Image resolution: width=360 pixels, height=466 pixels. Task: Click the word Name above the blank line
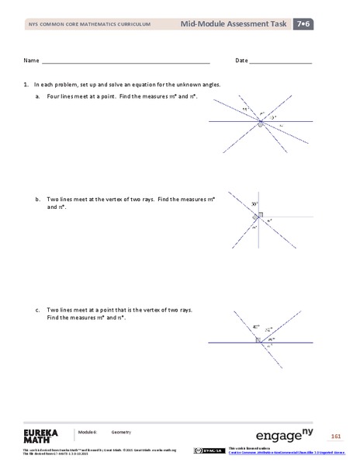[31, 61]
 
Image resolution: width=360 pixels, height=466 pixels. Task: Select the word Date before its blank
[241, 61]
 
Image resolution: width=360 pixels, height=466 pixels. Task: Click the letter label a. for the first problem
[38, 96]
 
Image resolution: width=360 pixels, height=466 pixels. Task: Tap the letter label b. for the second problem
[38, 200]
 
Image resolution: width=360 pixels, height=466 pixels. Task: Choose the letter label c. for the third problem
[38, 310]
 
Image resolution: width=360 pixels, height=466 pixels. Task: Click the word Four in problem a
[54, 96]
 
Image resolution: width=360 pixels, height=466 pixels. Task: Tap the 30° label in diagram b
[254, 203]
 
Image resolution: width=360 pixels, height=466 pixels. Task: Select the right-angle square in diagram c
[258, 339]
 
